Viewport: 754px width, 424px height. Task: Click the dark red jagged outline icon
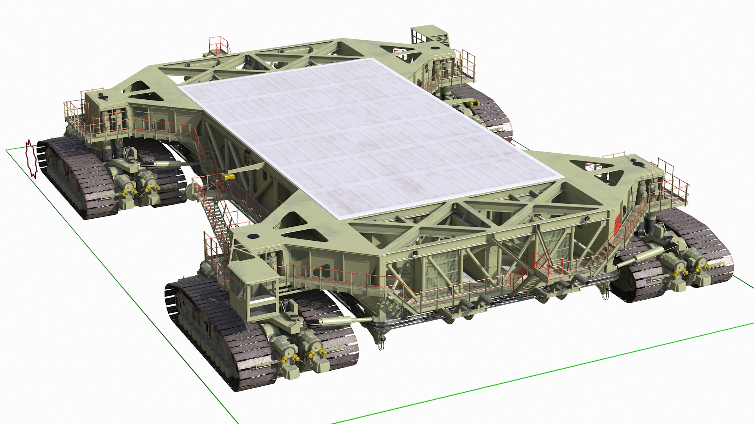[x=31, y=159]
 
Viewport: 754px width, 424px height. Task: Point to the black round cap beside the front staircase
[x=251, y=236]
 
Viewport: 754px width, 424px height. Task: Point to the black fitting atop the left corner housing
[x=103, y=96]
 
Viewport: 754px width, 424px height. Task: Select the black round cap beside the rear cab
[x=435, y=48]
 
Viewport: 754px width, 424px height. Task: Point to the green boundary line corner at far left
[x=7, y=150]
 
